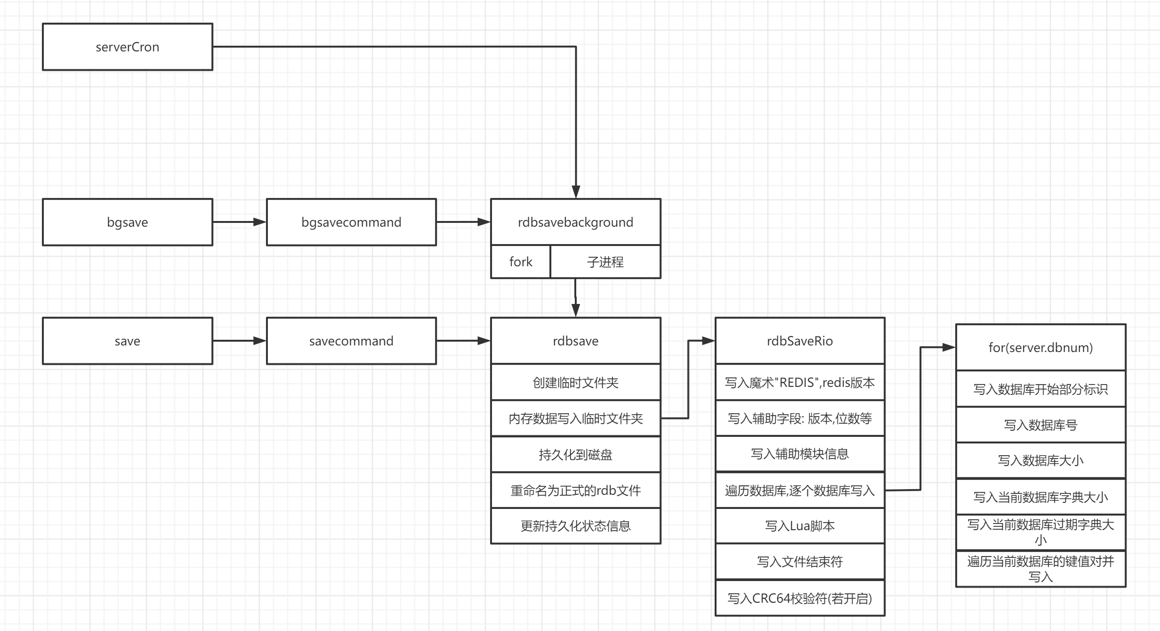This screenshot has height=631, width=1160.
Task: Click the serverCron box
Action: point(127,47)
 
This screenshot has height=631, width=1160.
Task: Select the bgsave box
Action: point(127,222)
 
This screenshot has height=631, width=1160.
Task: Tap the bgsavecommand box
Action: point(351,222)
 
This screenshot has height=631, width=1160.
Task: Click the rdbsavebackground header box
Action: point(575,222)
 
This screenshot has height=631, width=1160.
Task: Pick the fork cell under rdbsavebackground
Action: point(520,262)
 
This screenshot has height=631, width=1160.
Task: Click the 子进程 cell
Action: point(605,262)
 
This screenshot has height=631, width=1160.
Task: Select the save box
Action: point(127,341)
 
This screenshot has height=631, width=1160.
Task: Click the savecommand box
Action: point(351,341)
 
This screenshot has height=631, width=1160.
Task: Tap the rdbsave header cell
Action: point(575,341)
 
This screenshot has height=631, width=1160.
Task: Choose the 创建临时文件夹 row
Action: point(575,382)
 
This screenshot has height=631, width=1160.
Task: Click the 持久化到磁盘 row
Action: point(575,454)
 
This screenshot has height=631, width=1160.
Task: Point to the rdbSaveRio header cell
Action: point(799,341)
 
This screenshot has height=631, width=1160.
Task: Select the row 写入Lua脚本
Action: point(799,526)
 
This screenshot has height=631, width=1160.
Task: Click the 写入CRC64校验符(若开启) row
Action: point(799,598)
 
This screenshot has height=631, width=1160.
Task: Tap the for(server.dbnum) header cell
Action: point(1040,347)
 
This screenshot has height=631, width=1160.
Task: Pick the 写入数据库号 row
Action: point(1040,425)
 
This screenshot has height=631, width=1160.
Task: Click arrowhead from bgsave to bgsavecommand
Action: point(260,222)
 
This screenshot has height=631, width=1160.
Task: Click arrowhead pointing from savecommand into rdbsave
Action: point(484,341)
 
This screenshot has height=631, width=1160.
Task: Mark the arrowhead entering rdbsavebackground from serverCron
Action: point(575,192)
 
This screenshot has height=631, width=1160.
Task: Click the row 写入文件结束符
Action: point(799,562)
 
